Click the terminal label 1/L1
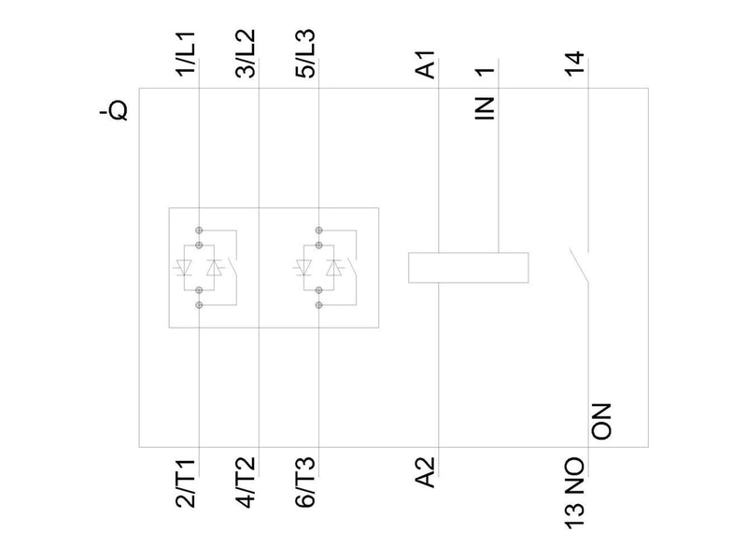pyautogui.click(x=186, y=53)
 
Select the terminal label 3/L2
pyautogui.click(x=247, y=53)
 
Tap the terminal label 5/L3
pyautogui.click(x=305, y=53)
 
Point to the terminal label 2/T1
pyautogui.click(x=186, y=483)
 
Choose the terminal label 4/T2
pyautogui.click(x=247, y=483)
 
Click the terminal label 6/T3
pyautogui.click(x=305, y=483)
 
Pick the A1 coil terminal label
pyautogui.click(x=426, y=64)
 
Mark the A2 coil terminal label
pyautogui.click(x=426, y=472)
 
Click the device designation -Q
pyautogui.click(x=115, y=111)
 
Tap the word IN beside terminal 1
pyautogui.click(x=485, y=108)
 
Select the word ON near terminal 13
pyautogui.click(x=601, y=422)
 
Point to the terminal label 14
pyautogui.click(x=575, y=63)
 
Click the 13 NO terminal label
pyautogui.click(x=575, y=493)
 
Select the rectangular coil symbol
pyautogui.click(x=469, y=268)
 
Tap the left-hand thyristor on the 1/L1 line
pyautogui.click(x=183, y=267)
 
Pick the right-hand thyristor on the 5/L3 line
pyautogui.click(x=334, y=267)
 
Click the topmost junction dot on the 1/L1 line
pyautogui.click(x=199, y=231)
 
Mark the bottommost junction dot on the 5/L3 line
pyautogui.click(x=319, y=305)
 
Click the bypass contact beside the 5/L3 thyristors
pyautogui.click(x=352, y=267)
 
